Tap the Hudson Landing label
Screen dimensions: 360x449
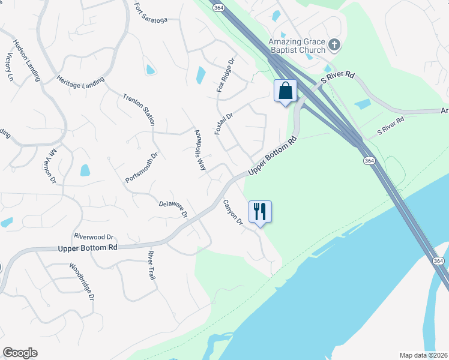coord(27,60)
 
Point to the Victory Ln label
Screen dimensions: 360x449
coord(9,67)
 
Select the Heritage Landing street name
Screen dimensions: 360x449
coord(80,80)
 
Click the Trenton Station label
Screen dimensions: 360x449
coord(139,109)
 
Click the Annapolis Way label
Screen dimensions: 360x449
coord(200,150)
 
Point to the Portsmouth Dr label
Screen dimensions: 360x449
coord(141,167)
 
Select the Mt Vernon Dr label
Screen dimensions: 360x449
coord(50,166)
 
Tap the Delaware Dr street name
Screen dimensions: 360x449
coord(173,208)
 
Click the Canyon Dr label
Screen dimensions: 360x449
coord(232,212)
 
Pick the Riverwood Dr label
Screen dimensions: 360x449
coord(94,237)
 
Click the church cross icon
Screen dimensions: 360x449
coord(335,44)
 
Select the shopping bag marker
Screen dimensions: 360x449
coord(286,91)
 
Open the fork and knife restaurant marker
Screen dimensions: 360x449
coord(260,212)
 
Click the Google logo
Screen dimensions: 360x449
coord(20,352)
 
